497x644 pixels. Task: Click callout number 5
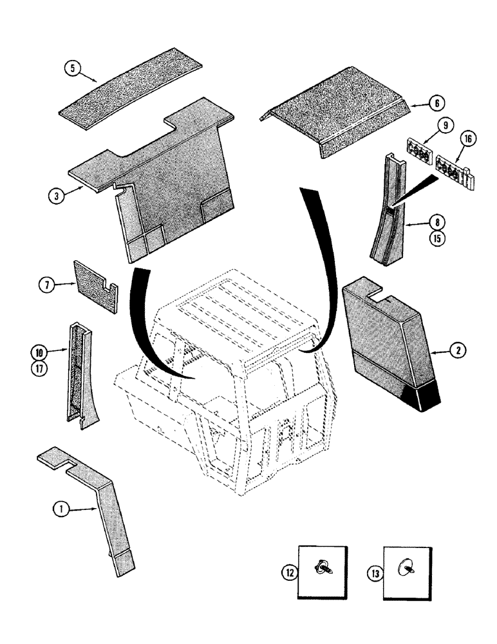pos(75,69)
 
